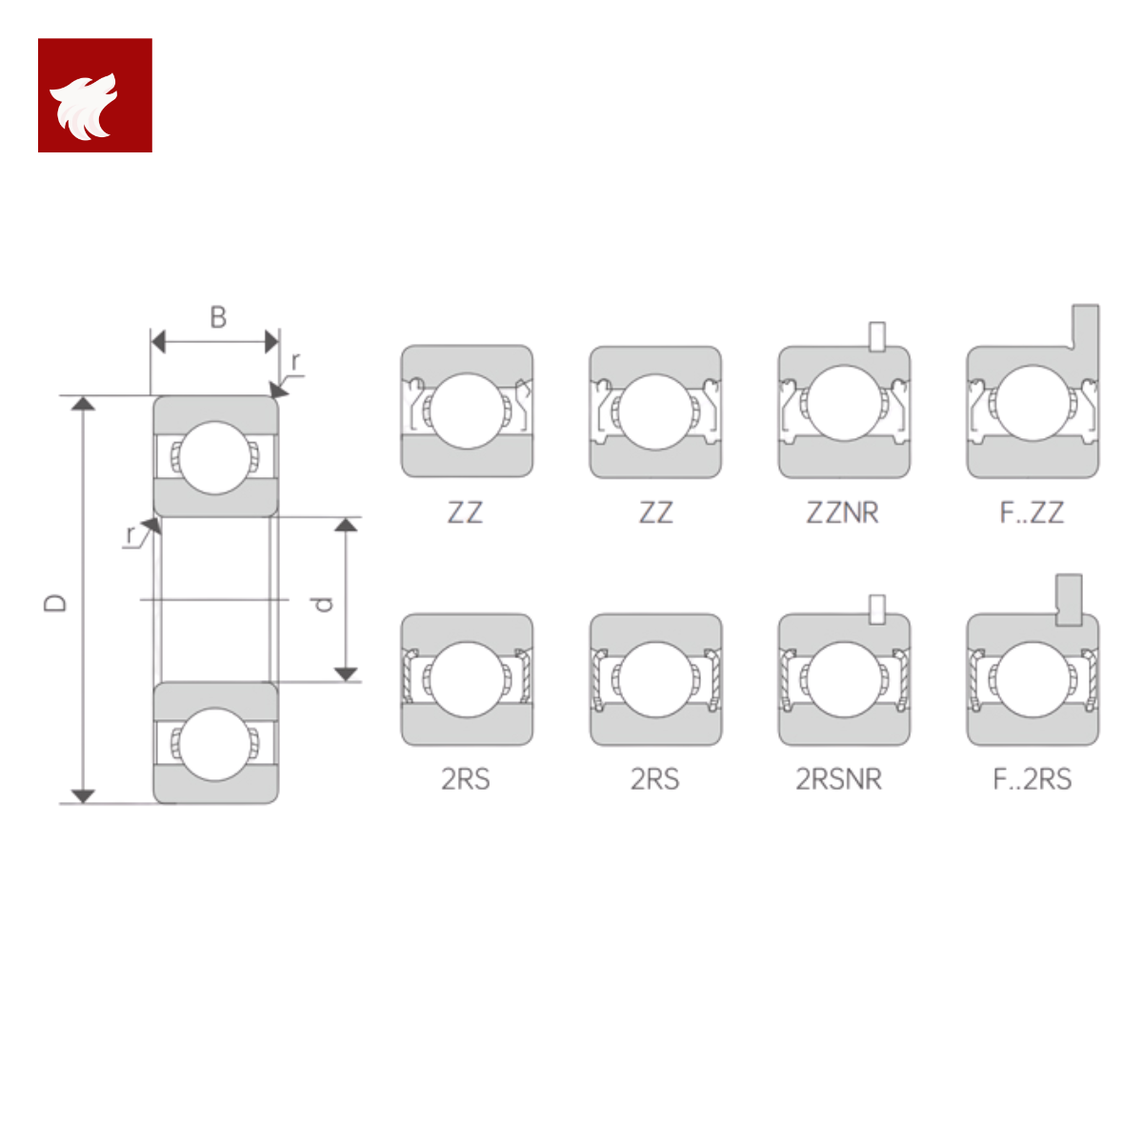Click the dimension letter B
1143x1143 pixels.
tap(218, 317)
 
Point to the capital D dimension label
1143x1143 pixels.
tap(55, 603)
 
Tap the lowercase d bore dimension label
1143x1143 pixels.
tap(323, 604)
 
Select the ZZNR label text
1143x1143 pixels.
tap(842, 512)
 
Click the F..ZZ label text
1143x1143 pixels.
tap(1032, 512)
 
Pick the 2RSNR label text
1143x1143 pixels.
tap(839, 779)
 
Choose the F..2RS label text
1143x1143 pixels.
tap(1033, 779)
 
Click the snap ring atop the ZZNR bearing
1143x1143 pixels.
tap(876, 336)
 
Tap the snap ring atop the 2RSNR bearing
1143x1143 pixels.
tap(876, 610)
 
